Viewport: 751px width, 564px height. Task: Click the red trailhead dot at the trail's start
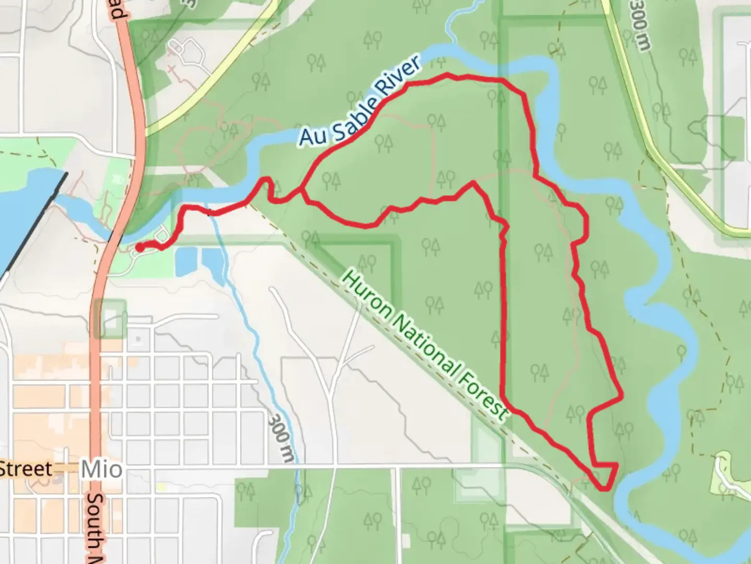click(x=140, y=247)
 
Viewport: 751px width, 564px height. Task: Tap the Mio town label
click(x=102, y=469)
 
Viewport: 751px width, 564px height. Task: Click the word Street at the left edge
click(x=26, y=468)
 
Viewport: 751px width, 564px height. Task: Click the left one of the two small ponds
click(x=183, y=262)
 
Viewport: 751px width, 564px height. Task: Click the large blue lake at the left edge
click(x=21, y=209)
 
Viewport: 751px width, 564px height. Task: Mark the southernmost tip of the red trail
click(x=604, y=489)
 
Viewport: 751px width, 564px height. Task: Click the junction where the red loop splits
click(x=302, y=192)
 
